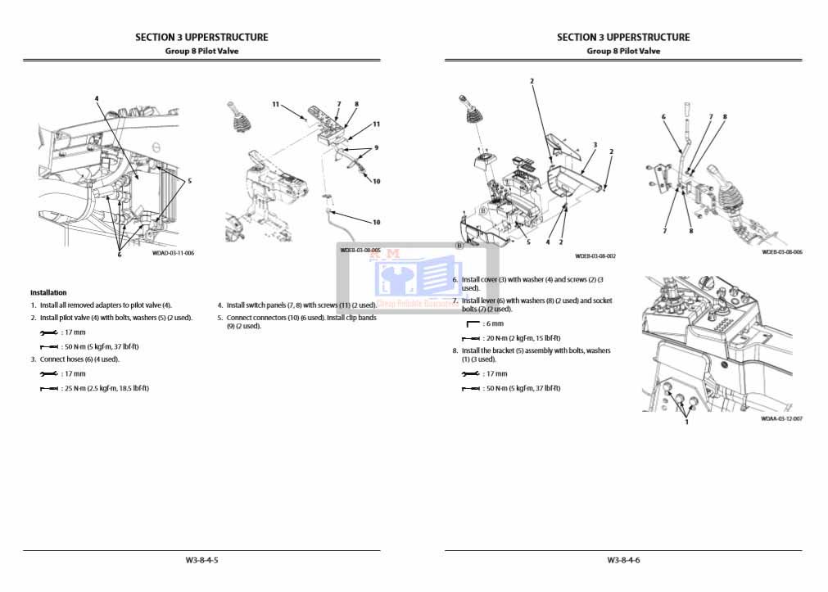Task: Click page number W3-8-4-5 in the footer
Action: click(201, 560)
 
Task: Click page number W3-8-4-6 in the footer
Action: click(623, 560)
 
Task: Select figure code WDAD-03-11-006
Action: click(173, 253)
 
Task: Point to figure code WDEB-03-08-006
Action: click(781, 252)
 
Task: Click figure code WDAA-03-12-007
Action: click(781, 418)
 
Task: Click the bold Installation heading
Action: click(48, 292)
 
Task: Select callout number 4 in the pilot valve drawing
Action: click(97, 98)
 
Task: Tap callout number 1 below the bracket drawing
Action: click(686, 423)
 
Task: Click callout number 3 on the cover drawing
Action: click(595, 145)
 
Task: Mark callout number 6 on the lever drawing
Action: click(663, 117)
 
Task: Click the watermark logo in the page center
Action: click(405, 278)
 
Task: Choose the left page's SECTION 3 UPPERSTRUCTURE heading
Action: click(201, 37)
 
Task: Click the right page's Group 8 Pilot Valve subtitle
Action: click(623, 51)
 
